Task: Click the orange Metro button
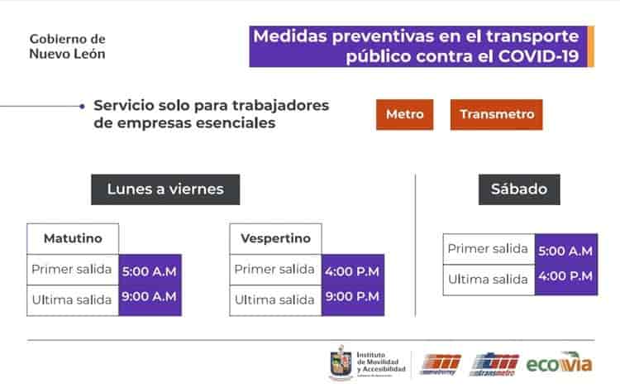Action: click(404, 114)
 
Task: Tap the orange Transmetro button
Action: click(496, 114)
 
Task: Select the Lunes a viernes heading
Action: click(165, 189)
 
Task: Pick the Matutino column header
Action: click(73, 239)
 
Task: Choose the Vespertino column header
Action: click(275, 239)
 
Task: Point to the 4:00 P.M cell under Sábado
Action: click(565, 276)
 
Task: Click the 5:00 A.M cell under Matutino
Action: click(150, 270)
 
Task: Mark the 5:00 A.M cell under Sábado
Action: click(565, 249)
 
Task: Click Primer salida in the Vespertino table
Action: click(274, 269)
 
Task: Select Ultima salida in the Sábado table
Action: click(488, 279)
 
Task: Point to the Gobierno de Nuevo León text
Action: click(67, 46)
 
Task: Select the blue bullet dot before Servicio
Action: click(81, 106)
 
